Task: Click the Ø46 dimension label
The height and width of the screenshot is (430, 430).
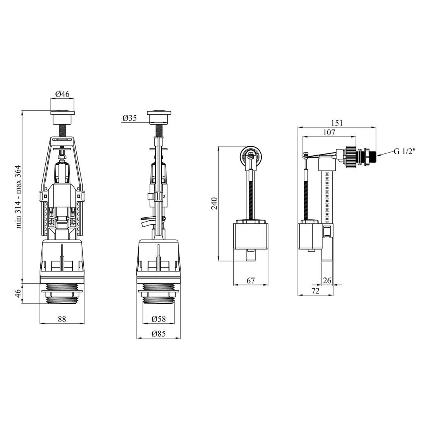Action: click(x=62, y=94)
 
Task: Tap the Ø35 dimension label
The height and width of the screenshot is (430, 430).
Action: click(x=130, y=118)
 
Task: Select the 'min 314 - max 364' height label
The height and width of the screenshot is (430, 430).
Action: click(x=19, y=197)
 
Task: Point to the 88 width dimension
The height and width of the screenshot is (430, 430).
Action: click(x=62, y=319)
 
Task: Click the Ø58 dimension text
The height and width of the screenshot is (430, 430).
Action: click(x=159, y=319)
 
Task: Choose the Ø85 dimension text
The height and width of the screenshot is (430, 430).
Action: click(x=158, y=334)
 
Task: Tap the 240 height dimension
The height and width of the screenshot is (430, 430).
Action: click(x=214, y=203)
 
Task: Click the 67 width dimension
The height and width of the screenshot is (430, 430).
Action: click(x=251, y=280)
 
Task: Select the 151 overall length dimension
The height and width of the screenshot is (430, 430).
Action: click(x=337, y=122)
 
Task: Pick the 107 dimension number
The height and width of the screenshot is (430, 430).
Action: click(x=329, y=132)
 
